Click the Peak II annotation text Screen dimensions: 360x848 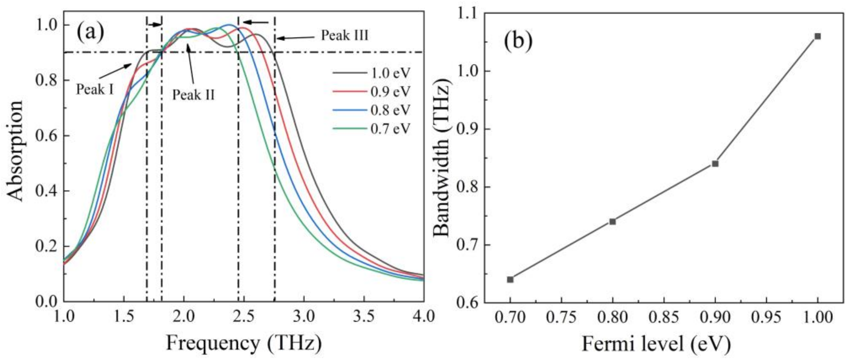coord(194,95)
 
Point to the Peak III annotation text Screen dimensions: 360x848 coord(345,35)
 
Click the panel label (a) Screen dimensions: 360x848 coord(90,32)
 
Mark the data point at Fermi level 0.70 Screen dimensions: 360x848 coord(510,280)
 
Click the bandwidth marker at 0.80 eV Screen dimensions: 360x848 coord(613,222)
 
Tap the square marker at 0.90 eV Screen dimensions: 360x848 coord(715,164)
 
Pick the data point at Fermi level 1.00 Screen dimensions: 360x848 coord(817,36)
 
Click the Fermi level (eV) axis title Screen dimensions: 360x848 coord(656,344)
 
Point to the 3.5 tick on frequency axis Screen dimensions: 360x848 coord(364,317)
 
